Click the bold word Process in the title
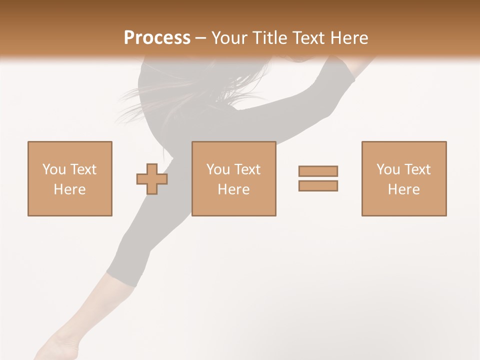coord(157,38)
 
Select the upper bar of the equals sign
coord(318,171)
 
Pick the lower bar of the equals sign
coord(318,185)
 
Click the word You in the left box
coord(54,169)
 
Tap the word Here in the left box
coord(69,189)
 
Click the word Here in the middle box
coord(233,189)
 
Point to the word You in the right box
coord(388,169)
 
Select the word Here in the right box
coord(403,189)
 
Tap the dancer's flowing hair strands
coord(150,97)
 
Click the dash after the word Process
coord(200,38)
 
